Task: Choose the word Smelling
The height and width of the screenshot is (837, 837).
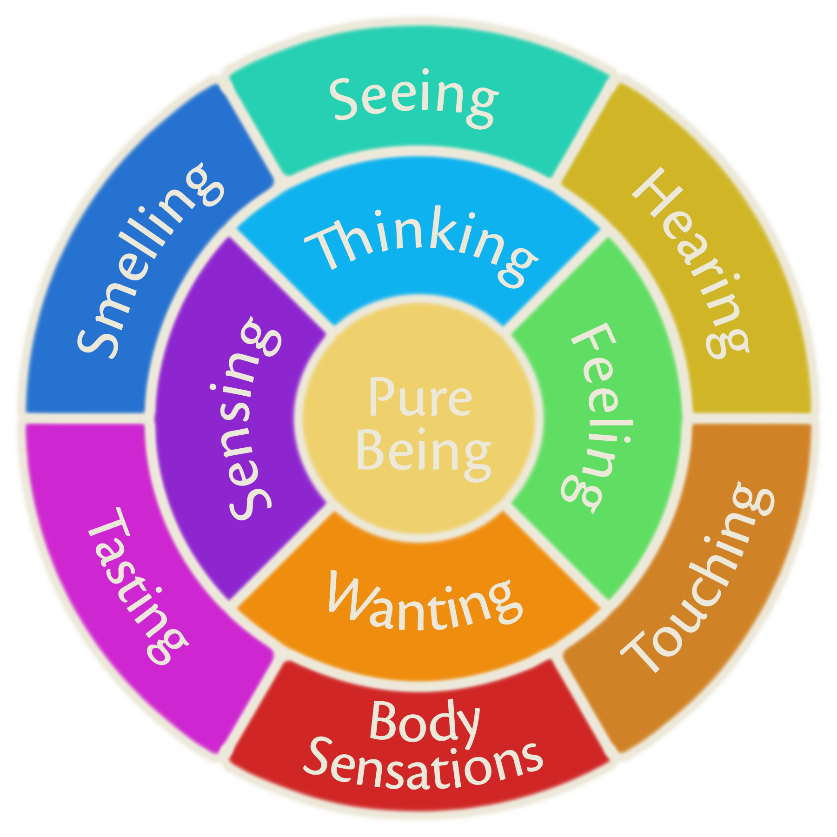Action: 149,260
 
